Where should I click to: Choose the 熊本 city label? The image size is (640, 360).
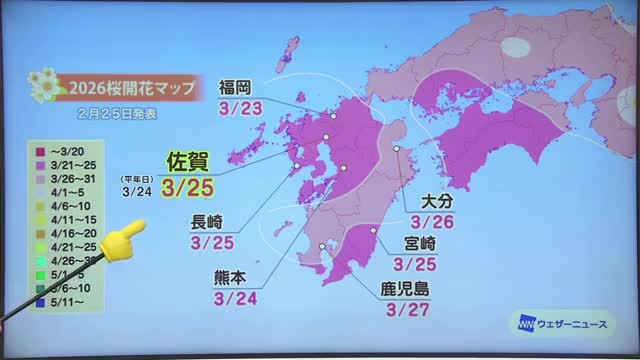click(236, 277)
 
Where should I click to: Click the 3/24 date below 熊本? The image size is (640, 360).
click(236, 297)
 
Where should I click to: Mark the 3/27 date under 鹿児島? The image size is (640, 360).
click(403, 309)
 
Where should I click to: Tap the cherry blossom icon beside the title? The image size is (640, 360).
click(46, 86)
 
